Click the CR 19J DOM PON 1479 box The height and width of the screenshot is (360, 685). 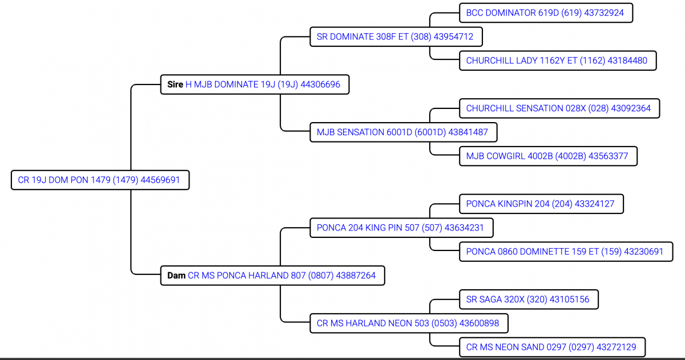coord(100,180)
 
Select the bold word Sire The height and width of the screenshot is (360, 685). coord(175,84)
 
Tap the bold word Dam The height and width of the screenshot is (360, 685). coord(176,276)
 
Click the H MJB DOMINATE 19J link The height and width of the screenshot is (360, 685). coord(263,84)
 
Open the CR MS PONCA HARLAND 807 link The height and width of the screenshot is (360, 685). coord(281,276)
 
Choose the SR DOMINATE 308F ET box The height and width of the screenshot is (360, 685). coord(395,37)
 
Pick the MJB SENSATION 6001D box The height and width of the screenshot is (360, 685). coord(402,132)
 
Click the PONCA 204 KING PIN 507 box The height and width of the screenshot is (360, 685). coord(400,228)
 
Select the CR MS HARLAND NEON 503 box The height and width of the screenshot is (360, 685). coord(408,323)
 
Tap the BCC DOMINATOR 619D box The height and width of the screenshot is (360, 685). coord(545,13)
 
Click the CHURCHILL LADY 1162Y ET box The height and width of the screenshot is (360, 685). coord(557,60)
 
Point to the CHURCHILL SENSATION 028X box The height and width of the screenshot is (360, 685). coord(558,108)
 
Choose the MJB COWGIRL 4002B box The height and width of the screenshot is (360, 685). coord(547,156)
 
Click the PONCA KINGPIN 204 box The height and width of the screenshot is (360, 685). coord(540,204)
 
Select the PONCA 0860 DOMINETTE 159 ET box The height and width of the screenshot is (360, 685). coord(565,252)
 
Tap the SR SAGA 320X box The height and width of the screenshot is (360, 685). coord(527,300)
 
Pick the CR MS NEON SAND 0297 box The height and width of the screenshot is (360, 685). coord(555,347)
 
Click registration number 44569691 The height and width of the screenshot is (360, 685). coord(160,180)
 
